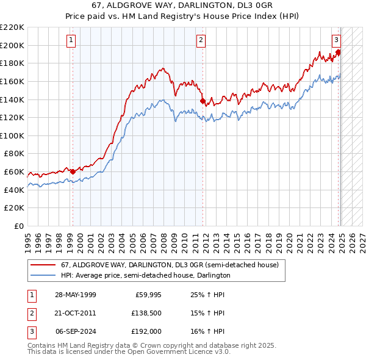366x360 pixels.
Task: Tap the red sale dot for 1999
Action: pos(73,171)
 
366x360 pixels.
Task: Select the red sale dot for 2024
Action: pos(338,52)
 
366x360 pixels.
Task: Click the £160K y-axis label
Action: pos(12,81)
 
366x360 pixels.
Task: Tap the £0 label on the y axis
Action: pos(19,226)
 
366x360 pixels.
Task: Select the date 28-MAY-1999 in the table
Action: pos(75,295)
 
